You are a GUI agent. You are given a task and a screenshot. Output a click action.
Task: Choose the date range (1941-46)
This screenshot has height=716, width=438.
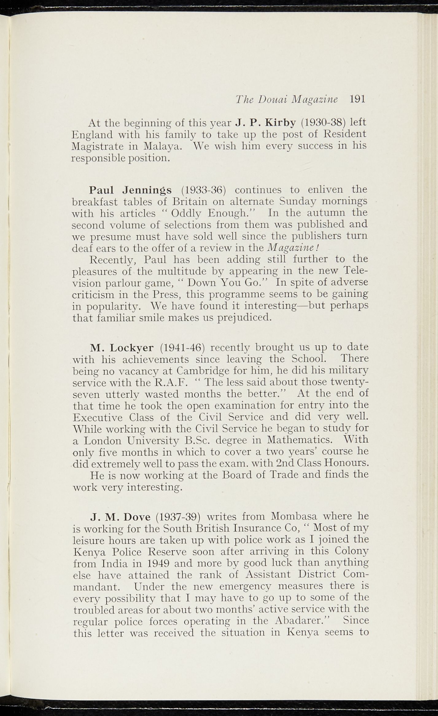click(182, 348)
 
